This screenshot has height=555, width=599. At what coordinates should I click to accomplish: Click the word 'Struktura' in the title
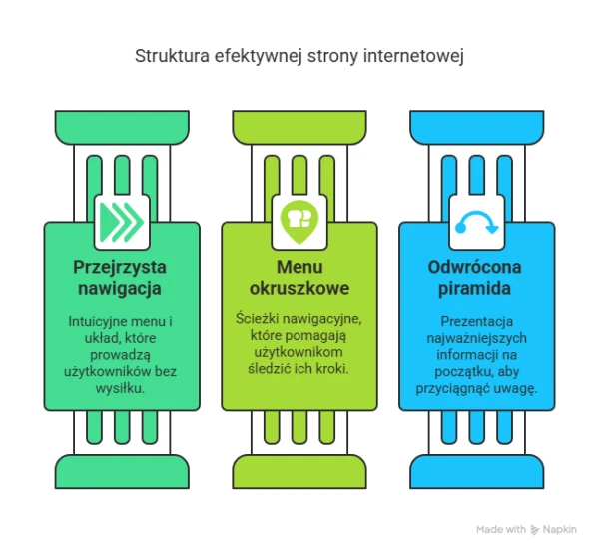pyautogui.click(x=172, y=55)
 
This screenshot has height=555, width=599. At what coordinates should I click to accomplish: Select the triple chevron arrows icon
pyautogui.click(x=122, y=222)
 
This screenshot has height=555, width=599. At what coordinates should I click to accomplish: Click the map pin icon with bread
pyautogui.click(x=299, y=222)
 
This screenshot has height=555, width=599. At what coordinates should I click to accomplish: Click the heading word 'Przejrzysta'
pyautogui.click(x=120, y=267)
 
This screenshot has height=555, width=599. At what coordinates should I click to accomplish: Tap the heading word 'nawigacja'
pyautogui.click(x=120, y=288)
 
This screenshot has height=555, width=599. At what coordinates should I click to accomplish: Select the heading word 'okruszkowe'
pyautogui.click(x=299, y=288)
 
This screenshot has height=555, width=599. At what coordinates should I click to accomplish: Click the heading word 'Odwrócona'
pyautogui.click(x=474, y=267)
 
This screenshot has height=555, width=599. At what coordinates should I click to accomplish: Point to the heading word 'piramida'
pyautogui.click(x=474, y=288)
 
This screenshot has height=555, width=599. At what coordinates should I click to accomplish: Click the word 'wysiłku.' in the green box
pyautogui.click(x=120, y=389)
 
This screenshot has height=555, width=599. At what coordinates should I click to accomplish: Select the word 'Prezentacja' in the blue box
pyautogui.click(x=477, y=321)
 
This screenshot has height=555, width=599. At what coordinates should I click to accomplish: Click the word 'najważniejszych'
pyautogui.click(x=477, y=338)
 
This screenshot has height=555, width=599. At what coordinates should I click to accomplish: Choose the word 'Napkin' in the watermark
pyautogui.click(x=560, y=529)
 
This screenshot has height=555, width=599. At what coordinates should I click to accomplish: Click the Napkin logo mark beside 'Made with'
pyautogui.click(x=534, y=529)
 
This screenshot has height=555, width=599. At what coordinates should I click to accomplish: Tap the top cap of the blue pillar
pyautogui.click(x=477, y=128)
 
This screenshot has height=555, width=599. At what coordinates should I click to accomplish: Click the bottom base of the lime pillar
pyautogui.click(x=299, y=471)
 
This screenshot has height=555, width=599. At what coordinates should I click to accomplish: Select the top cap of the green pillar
pyautogui.click(x=122, y=128)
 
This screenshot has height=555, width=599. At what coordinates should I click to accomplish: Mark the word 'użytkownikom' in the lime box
pyautogui.click(x=299, y=352)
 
